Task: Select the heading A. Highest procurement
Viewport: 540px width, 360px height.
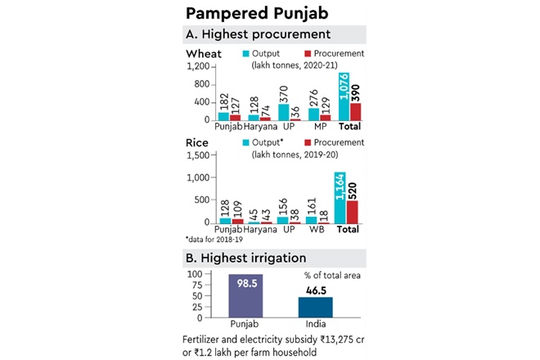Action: (259, 34)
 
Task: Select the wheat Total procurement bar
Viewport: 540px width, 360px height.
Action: (356, 112)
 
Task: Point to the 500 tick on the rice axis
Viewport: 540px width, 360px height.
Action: (200, 200)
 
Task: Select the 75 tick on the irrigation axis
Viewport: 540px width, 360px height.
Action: (197, 284)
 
